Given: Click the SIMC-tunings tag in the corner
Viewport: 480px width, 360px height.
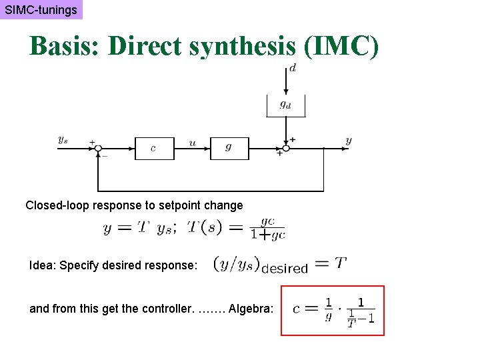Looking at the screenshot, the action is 41,10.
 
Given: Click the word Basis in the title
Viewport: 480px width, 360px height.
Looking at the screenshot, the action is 64,47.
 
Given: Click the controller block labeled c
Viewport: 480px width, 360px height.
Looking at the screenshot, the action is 154,148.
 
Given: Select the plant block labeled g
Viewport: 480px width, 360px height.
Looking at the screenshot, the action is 229,148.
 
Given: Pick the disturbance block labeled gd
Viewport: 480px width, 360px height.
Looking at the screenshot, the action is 285,105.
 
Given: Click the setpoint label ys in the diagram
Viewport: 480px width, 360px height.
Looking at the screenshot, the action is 63,140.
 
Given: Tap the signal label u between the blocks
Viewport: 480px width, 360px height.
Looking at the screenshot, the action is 193,142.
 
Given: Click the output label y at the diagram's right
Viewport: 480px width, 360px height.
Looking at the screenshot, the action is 349,141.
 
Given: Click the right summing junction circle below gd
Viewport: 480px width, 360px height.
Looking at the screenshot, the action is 285,148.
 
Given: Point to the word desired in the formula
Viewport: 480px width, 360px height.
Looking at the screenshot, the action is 285,269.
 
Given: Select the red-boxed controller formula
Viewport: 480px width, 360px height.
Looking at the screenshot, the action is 333,311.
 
